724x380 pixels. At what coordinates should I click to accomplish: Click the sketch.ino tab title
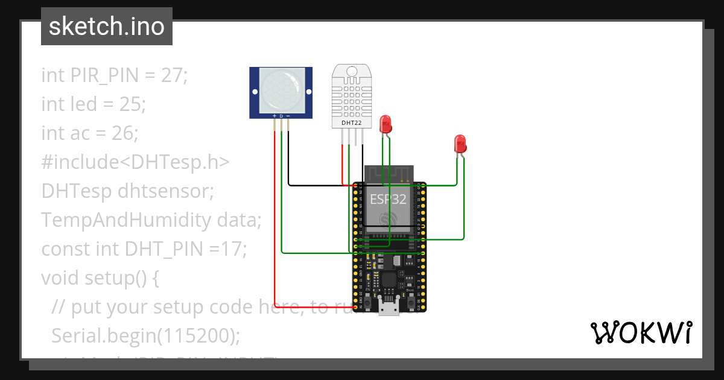106,27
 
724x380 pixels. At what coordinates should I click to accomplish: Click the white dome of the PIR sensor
281,90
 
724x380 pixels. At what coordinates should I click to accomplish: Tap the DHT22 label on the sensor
352,122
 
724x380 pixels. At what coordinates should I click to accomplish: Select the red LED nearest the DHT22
385,125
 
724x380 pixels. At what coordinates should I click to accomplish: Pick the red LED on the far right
460,144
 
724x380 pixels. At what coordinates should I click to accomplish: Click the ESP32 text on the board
388,198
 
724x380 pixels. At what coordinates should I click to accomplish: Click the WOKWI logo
641,332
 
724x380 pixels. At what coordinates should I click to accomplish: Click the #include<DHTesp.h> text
135,162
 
